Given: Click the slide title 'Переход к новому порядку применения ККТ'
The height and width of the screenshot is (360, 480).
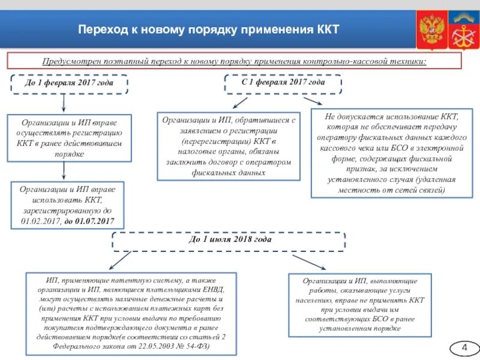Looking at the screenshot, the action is pyautogui.click(x=209, y=29).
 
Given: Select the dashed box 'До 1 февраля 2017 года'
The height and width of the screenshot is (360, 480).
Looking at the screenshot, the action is pyautogui.click(x=69, y=83).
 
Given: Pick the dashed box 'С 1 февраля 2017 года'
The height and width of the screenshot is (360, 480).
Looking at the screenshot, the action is pyautogui.click(x=283, y=83).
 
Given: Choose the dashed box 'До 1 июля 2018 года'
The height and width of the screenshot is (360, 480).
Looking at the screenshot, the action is pyautogui.click(x=229, y=240).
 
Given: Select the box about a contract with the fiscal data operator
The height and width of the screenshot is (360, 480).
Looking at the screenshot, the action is pyautogui.click(x=229, y=146).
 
